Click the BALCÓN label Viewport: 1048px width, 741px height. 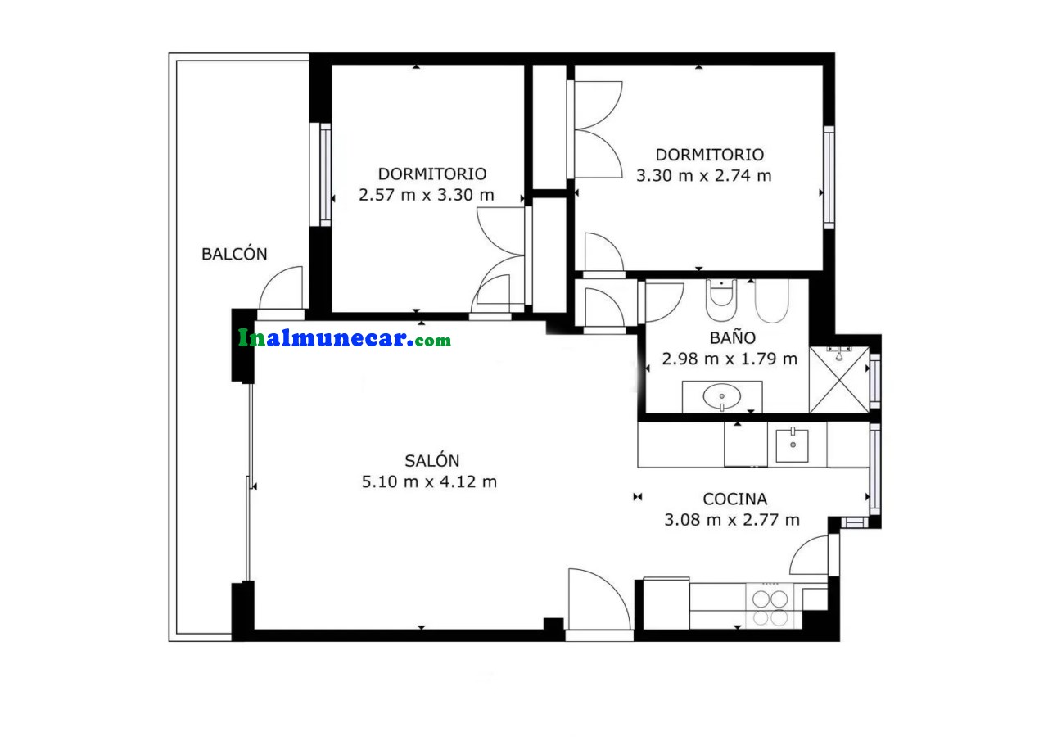(x=234, y=254)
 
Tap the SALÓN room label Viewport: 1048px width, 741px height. (x=431, y=461)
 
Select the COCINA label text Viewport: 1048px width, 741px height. (x=734, y=499)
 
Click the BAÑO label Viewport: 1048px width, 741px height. (x=733, y=337)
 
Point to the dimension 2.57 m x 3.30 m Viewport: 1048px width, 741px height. (x=427, y=195)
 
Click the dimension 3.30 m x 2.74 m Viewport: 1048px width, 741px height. (x=703, y=175)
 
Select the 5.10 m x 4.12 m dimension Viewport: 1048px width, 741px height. (x=429, y=481)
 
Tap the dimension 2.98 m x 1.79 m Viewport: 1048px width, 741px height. (x=730, y=359)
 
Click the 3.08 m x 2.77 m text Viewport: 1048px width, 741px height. (x=732, y=520)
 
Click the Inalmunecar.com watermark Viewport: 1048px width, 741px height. (x=345, y=338)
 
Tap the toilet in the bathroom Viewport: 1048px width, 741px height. (x=721, y=300)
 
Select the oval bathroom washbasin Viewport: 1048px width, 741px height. (x=722, y=396)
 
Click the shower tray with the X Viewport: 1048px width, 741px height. (x=839, y=380)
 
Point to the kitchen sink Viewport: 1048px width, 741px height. (x=792, y=445)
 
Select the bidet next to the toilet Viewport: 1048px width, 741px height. (x=772, y=300)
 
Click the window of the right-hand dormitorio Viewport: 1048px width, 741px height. (x=829, y=178)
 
